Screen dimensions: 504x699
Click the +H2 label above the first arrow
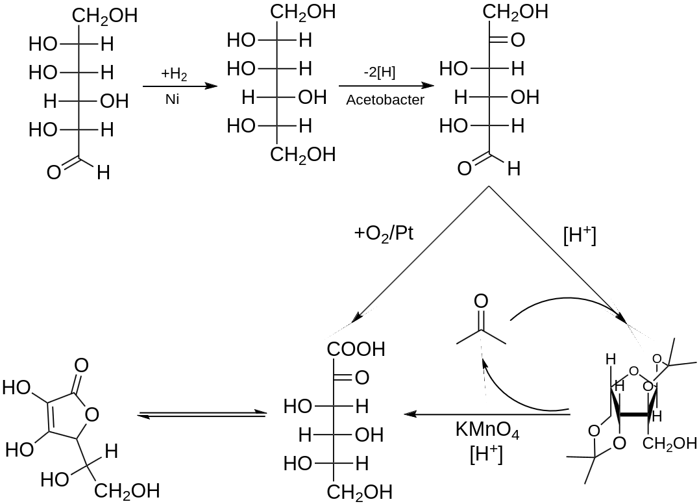tap(174, 74)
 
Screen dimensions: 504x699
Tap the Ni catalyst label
tap(172, 99)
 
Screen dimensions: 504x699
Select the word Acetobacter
tap(385, 99)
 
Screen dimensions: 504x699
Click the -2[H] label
tap(380, 72)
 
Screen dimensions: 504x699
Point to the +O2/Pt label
tap(384, 233)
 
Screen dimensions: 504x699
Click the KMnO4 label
tap(487, 431)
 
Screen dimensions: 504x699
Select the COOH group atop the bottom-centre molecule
tap(356, 349)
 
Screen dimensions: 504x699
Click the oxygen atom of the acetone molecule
tap(481, 301)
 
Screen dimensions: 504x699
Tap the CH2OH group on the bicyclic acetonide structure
tap(670, 444)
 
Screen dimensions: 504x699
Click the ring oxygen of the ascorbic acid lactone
tap(92, 413)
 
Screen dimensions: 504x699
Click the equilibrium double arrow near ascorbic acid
tap(202, 414)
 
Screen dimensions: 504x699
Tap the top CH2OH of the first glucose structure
tap(104, 16)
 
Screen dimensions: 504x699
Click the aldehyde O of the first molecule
tap(54, 173)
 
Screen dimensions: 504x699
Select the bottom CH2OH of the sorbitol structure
tap(303, 155)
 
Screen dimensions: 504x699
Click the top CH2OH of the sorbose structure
tap(515, 12)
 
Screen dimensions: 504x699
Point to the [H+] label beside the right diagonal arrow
tap(579, 235)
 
